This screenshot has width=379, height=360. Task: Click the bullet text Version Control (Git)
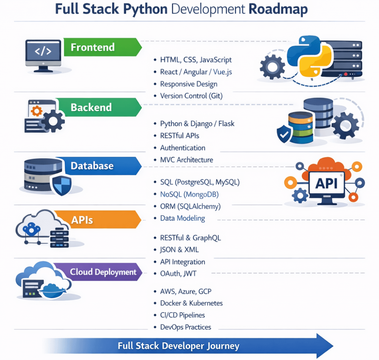point(191,96)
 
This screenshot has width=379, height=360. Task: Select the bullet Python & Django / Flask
point(197,124)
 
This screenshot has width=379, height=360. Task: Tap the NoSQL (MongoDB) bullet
point(189,194)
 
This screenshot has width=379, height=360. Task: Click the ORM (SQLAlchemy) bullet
point(190,207)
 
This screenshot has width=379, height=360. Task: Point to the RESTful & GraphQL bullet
point(190,238)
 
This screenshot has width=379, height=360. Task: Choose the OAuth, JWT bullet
point(178,273)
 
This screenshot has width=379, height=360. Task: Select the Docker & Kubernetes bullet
point(191,303)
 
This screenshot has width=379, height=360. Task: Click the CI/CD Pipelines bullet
point(182,315)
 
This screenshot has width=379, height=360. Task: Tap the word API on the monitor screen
point(326,183)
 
